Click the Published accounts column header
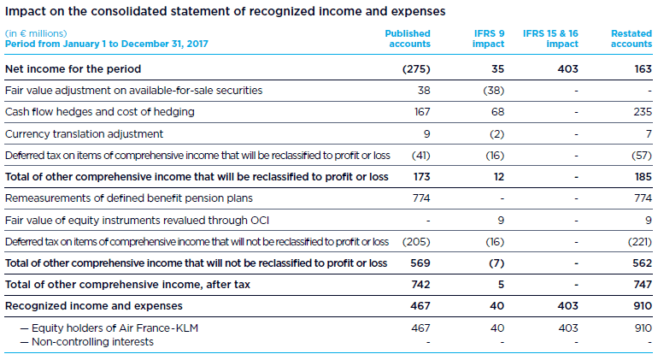(x=409, y=38)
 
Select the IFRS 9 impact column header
(x=489, y=38)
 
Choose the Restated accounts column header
(x=632, y=38)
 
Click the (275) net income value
(x=416, y=68)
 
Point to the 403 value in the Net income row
(x=567, y=68)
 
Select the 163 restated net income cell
(x=642, y=68)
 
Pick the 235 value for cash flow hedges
(x=641, y=111)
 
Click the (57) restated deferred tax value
(x=637, y=155)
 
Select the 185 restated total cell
(x=641, y=176)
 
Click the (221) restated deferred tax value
(x=635, y=241)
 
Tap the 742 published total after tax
(x=420, y=284)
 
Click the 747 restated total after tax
(x=641, y=284)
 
